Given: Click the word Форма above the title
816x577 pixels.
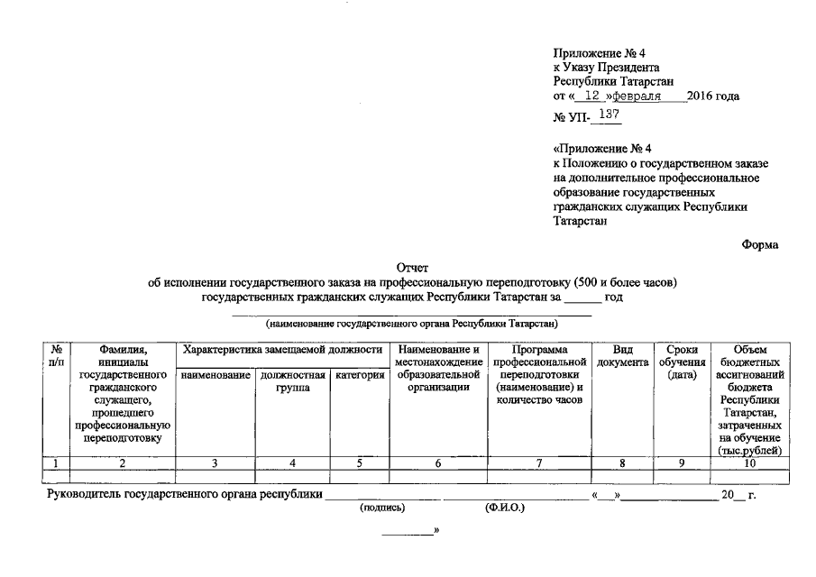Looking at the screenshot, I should click(x=760, y=243).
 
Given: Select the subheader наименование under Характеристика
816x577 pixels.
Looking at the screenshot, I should click(x=215, y=375).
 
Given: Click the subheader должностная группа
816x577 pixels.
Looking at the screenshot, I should click(x=292, y=381).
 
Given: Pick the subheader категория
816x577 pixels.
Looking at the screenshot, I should click(x=360, y=375).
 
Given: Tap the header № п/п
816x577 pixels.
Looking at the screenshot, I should click(x=56, y=355).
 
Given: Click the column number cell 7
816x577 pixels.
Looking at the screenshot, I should click(x=538, y=463).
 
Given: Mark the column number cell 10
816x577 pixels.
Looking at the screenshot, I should click(x=750, y=463).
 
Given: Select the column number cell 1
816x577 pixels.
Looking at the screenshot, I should click(x=56, y=463).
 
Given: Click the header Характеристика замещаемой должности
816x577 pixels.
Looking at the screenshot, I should click(x=282, y=349).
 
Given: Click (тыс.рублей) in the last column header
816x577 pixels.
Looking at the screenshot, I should click(x=750, y=450).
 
